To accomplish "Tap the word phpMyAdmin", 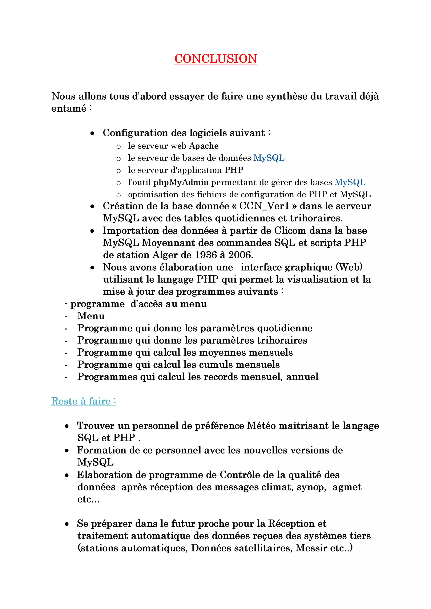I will [x=181, y=182].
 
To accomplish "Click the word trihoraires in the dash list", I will [x=282, y=340].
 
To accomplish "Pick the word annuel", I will [x=302, y=377].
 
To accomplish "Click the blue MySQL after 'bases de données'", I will [x=269, y=158].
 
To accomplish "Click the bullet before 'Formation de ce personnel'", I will [x=67, y=450].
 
